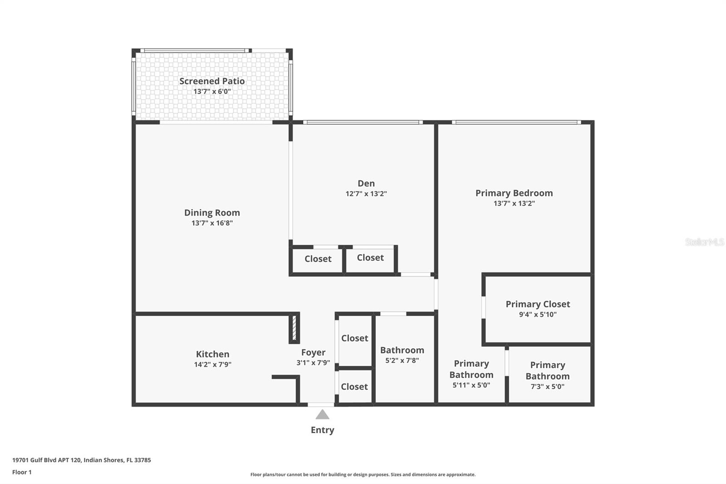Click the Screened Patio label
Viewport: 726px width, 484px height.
click(212, 81)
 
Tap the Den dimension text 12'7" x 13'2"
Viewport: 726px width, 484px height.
click(366, 194)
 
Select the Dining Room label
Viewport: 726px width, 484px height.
click(212, 213)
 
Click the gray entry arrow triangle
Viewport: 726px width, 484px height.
click(322, 414)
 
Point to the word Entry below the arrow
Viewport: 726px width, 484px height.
click(323, 430)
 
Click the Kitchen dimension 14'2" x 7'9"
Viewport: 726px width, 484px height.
click(213, 364)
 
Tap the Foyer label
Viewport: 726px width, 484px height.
click(313, 352)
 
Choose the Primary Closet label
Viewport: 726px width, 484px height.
click(538, 304)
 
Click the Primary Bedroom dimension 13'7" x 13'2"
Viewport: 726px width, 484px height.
click(514, 203)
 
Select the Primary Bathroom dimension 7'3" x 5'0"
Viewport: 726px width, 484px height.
click(547, 386)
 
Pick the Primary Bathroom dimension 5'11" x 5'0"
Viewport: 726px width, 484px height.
click(471, 385)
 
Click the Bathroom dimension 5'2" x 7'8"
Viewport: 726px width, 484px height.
click(402, 361)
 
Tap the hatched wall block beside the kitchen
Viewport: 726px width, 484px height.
click(294, 328)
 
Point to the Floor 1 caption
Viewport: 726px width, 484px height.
click(22, 472)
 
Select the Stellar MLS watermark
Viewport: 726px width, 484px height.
click(705, 242)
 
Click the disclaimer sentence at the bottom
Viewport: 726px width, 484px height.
click(363, 474)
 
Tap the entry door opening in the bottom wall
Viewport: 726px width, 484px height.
click(320, 405)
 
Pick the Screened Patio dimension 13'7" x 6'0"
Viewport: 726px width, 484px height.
click(212, 91)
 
